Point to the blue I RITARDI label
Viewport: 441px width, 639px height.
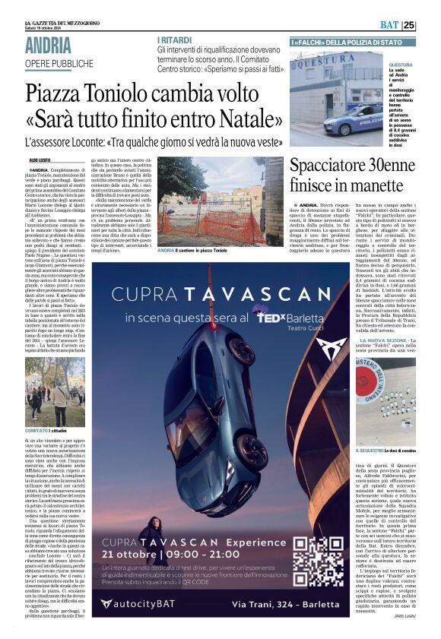click(173, 39)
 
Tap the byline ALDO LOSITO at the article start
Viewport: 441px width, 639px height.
click(39, 161)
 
